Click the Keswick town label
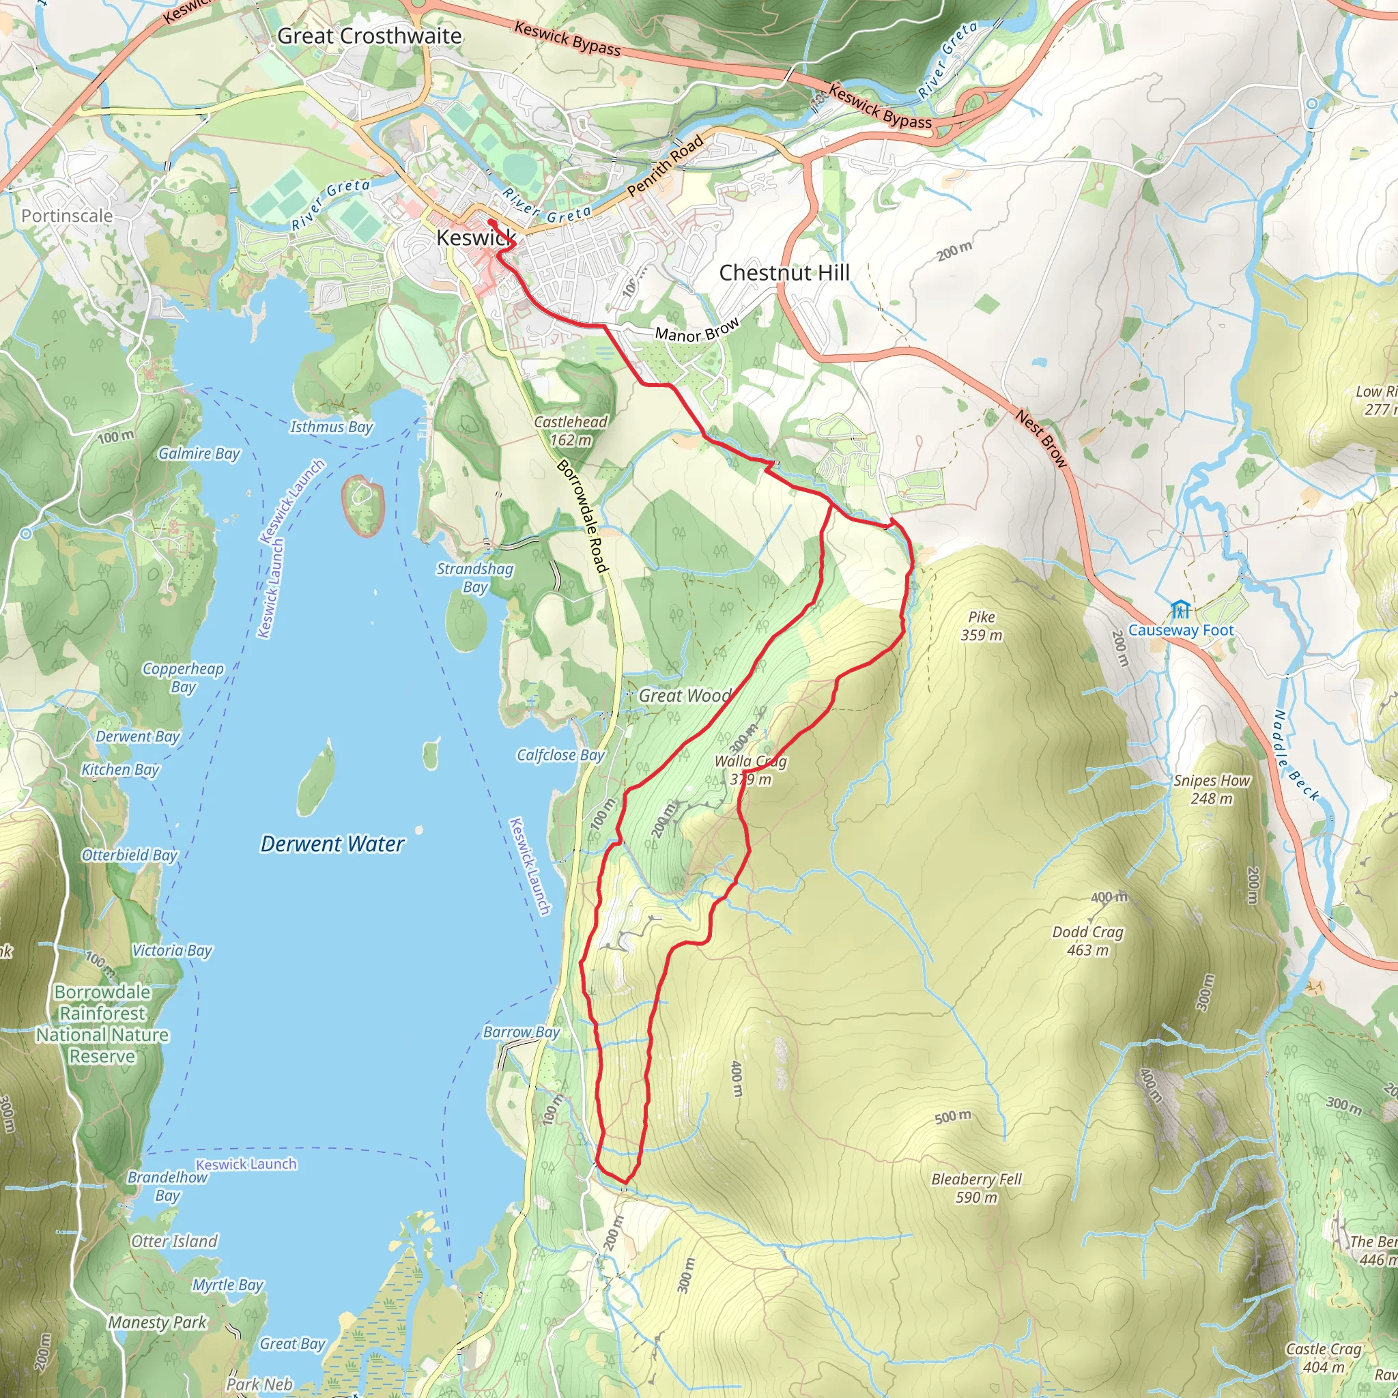(x=475, y=238)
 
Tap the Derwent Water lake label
(x=332, y=844)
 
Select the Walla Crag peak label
(x=750, y=769)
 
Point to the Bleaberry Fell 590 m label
(x=976, y=1188)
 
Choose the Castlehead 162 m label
(x=570, y=431)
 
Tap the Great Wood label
(x=685, y=696)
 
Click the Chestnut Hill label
(x=784, y=273)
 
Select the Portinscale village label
(x=68, y=216)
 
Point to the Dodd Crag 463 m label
(x=1087, y=941)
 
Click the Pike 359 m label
(x=981, y=626)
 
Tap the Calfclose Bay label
(x=560, y=755)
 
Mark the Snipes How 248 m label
(x=1212, y=790)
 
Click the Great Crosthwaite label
(x=369, y=35)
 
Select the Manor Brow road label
(x=697, y=330)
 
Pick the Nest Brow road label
(x=1040, y=438)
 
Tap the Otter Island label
(x=174, y=1241)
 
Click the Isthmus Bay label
(x=331, y=427)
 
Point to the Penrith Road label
(x=665, y=166)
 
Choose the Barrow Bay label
(x=521, y=1032)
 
